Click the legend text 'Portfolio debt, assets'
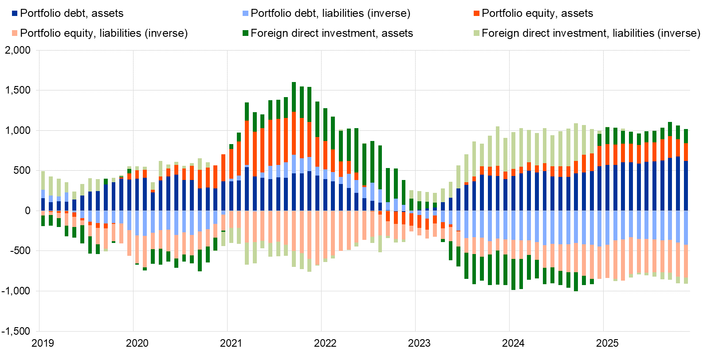72,13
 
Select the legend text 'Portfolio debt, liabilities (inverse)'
330,13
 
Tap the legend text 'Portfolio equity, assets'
537,13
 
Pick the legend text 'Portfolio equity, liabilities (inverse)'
104,33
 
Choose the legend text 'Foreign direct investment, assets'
332,33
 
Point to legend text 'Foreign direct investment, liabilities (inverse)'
591,33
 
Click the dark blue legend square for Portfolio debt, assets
15,13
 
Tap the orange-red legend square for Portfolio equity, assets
476,13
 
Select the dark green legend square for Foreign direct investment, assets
245,33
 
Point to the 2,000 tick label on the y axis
18,50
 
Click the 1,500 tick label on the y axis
18,90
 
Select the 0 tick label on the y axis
28,211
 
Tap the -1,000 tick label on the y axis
16,291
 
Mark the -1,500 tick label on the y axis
16,331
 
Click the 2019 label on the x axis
43,343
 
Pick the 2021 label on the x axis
231,343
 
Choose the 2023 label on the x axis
419,343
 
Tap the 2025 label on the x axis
607,343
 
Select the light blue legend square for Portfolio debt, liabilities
245,13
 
